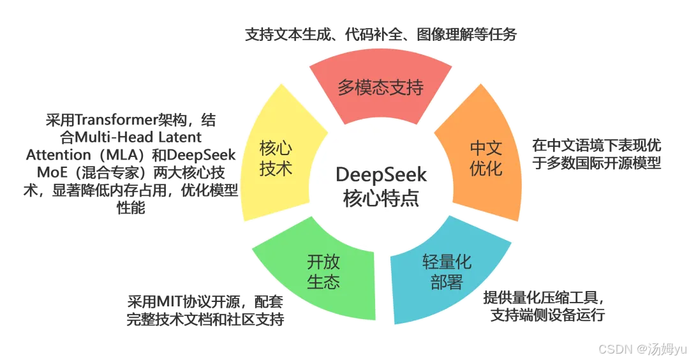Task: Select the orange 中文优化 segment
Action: (486, 159)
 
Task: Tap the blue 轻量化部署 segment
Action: (447, 272)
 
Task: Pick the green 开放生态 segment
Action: (323, 272)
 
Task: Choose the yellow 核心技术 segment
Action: (276, 159)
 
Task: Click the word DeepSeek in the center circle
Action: (381, 174)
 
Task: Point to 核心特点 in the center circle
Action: (381, 198)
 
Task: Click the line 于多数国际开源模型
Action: (596, 163)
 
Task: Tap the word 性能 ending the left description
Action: (131, 209)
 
